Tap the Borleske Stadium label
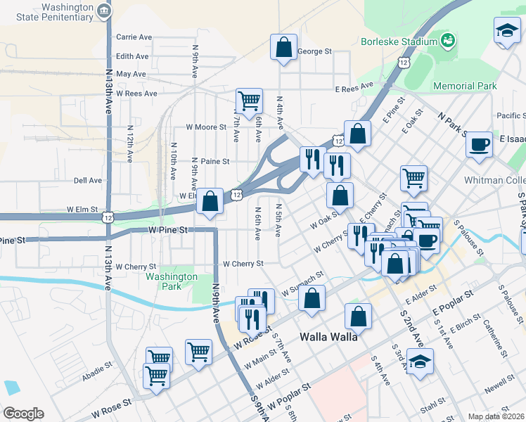coord(399,41)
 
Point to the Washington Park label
coord(172,281)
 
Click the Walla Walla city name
coord(328,336)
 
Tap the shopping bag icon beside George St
coord(283,48)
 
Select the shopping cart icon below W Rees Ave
coord(249,101)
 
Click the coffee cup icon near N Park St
coord(479,145)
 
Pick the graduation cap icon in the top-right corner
coord(506,32)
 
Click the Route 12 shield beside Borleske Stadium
coord(403,63)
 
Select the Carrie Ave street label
coord(134,37)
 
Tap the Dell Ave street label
coord(87,180)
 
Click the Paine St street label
coord(216,161)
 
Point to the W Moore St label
coord(205,127)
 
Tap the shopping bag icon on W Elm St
coord(210,201)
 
